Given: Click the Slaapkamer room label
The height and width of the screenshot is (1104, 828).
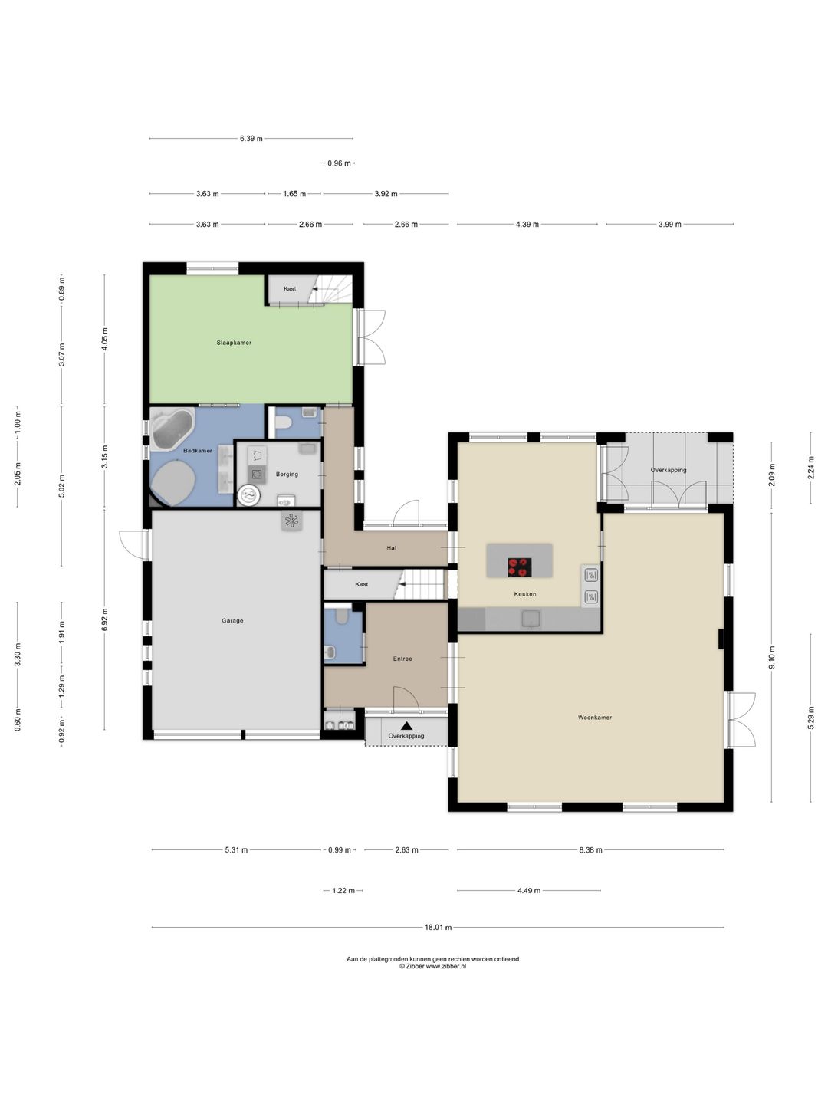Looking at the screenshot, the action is pyautogui.click(x=234, y=343).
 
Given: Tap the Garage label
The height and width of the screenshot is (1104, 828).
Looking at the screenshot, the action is pyautogui.click(x=232, y=621).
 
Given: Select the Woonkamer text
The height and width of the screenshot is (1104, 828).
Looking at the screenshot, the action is pyautogui.click(x=595, y=718).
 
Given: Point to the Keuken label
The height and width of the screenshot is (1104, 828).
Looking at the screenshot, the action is pyautogui.click(x=525, y=594).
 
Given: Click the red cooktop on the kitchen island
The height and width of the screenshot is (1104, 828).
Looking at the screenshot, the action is pyautogui.click(x=520, y=567).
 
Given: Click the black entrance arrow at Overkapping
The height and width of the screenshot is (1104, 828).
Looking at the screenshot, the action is pyautogui.click(x=406, y=726).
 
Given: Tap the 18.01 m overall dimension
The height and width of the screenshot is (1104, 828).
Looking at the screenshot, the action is pyautogui.click(x=439, y=927).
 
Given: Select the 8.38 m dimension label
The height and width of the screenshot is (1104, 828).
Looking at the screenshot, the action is pyautogui.click(x=590, y=850).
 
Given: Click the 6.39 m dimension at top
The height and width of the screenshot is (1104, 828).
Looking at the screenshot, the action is pyautogui.click(x=251, y=138).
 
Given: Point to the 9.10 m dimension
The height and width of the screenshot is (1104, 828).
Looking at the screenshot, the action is pyautogui.click(x=772, y=656).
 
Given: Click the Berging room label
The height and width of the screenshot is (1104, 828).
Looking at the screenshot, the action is pyautogui.click(x=287, y=475).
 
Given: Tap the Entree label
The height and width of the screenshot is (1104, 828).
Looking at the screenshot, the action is pyautogui.click(x=402, y=659).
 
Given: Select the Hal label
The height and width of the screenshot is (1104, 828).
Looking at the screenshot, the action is pyautogui.click(x=391, y=547).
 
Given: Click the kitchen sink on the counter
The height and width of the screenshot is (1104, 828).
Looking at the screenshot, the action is pyautogui.click(x=531, y=619).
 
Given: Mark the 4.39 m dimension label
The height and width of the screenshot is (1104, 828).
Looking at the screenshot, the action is pyautogui.click(x=527, y=225).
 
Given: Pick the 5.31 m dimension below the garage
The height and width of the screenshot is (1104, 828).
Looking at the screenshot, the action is pyautogui.click(x=236, y=850).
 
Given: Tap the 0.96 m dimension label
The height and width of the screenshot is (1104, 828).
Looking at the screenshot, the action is pyautogui.click(x=340, y=163).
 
